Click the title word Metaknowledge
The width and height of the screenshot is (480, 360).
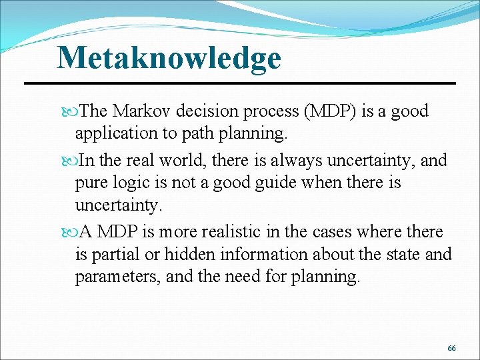[169, 58]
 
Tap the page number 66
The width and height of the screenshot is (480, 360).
[452, 349]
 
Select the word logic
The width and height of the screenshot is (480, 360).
[137, 183]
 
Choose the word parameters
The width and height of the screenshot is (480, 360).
[117, 277]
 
